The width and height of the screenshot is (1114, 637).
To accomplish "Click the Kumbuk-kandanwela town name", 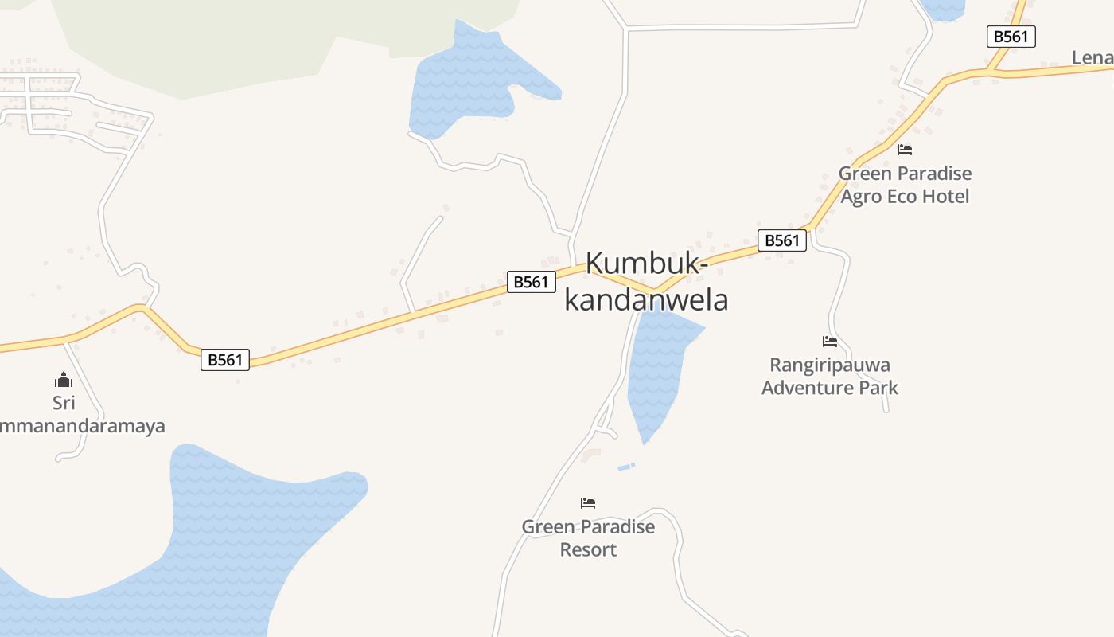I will pos(645,282).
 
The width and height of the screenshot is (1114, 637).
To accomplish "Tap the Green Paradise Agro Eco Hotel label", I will pos(905,185).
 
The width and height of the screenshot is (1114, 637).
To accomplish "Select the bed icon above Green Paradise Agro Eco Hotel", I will pos(905,149).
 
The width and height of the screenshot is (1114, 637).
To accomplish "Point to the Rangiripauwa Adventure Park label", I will pos(830,377).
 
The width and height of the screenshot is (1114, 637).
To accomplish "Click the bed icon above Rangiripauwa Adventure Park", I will pos(830,342).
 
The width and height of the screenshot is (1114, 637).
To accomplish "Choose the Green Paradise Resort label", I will pos(588,538).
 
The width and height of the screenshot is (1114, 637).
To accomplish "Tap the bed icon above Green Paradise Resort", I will pos(588,502).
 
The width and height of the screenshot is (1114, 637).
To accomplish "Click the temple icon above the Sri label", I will pos(64,380).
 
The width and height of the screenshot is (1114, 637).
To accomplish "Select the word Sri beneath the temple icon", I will pos(64,403).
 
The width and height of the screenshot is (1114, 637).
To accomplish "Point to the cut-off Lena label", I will pos(1092,57).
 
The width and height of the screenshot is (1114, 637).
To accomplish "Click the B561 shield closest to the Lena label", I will pos(1011,37).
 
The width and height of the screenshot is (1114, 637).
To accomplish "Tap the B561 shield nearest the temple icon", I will pos(225,360).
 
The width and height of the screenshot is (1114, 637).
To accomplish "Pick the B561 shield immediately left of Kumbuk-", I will pos(531,282).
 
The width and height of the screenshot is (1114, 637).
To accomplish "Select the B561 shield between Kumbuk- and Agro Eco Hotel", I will pos(782,240).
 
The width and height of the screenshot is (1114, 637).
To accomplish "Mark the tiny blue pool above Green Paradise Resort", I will pos(626,467).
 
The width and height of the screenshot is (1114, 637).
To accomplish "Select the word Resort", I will pos(588,549).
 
